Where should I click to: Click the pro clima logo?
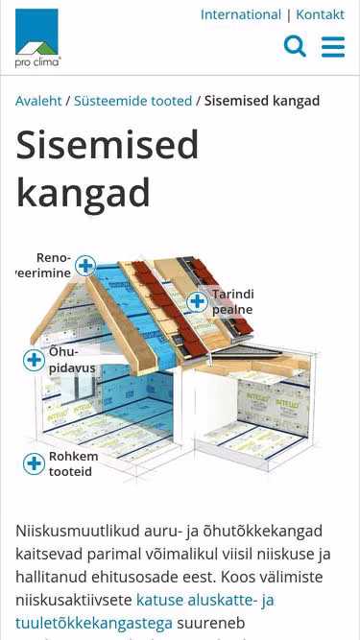37,38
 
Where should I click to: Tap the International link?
241,14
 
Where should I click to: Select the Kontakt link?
320,14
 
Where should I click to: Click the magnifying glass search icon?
295,46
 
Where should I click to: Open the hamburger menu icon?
333,47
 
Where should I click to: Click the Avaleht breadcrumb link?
38,101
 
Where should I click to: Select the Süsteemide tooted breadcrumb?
132,101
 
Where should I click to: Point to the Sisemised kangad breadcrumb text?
262,101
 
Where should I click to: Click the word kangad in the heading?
83,194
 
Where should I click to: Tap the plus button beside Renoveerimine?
85,266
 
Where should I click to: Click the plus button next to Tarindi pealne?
197,302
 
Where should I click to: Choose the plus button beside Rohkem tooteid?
34,463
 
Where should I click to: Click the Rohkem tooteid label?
74,464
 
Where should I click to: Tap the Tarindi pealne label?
232,302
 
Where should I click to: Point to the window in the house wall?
79,388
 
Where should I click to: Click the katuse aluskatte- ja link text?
204,601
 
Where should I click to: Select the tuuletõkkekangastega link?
94,624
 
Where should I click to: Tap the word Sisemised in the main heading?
107,145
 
